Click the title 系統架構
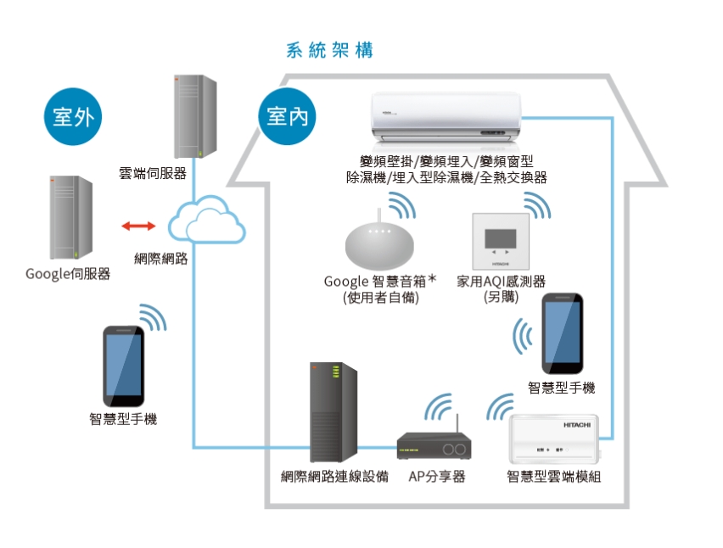[x=330, y=50]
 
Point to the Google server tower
[x=70, y=218]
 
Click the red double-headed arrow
[x=138, y=226]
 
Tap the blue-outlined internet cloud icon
[x=206, y=221]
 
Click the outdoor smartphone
[x=122, y=366]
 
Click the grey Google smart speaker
[x=381, y=244]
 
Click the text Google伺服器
[x=68, y=274]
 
